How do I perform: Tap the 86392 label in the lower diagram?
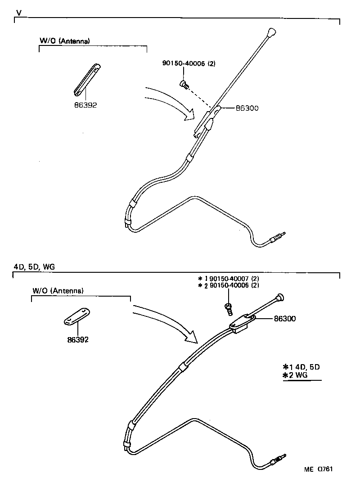[77, 340]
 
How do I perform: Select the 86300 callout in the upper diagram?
[247, 108]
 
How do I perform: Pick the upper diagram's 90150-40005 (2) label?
[189, 64]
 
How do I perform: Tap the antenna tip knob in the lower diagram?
[280, 297]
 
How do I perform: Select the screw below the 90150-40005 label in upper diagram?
[184, 83]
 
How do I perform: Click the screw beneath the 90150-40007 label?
[229, 308]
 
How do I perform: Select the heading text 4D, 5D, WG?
[34, 266]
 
